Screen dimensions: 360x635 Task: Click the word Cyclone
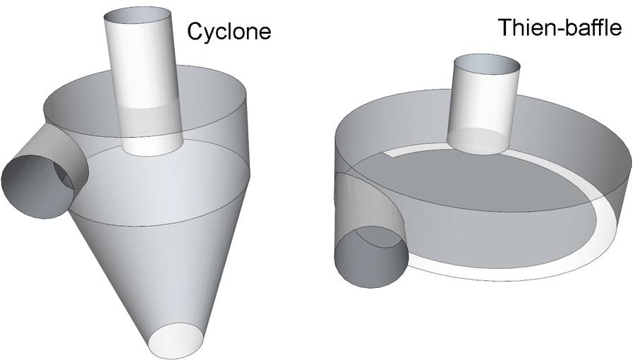coord(229,31)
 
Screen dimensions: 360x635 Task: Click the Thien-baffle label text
coord(559,28)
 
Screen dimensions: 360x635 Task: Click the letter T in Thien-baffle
coord(505,28)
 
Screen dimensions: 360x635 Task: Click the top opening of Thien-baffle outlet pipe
coord(486,65)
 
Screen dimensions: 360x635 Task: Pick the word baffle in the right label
coord(591,28)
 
